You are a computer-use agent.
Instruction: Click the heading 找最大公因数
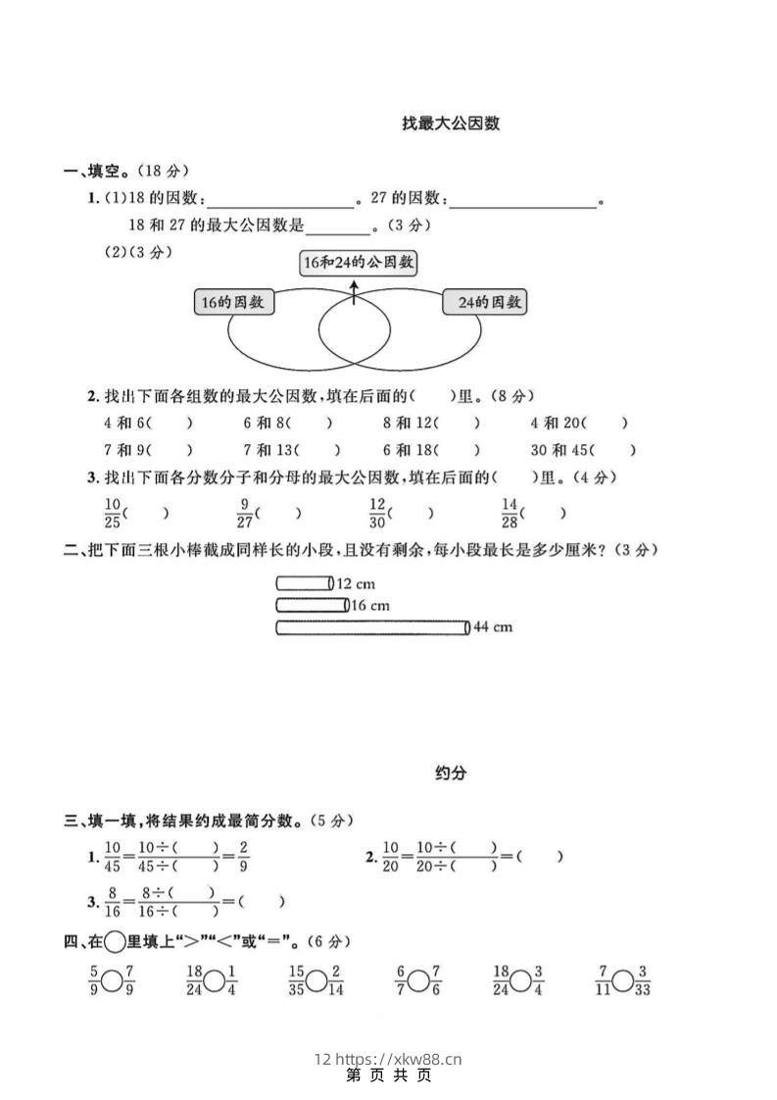[x=451, y=124]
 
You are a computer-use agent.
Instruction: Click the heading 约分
[x=451, y=773]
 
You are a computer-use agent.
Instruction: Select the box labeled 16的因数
[x=233, y=302]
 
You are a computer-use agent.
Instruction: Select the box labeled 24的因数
[x=484, y=302]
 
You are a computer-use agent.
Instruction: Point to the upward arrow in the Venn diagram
[x=354, y=291]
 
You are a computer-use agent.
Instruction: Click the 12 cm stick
[x=304, y=583]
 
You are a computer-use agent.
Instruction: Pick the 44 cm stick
[x=372, y=627]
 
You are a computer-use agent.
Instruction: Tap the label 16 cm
[x=370, y=605]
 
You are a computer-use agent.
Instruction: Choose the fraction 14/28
[x=509, y=512]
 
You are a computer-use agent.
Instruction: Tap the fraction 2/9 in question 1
[x=243, y=856]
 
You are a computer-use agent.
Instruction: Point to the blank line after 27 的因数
[x=523, y=201]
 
